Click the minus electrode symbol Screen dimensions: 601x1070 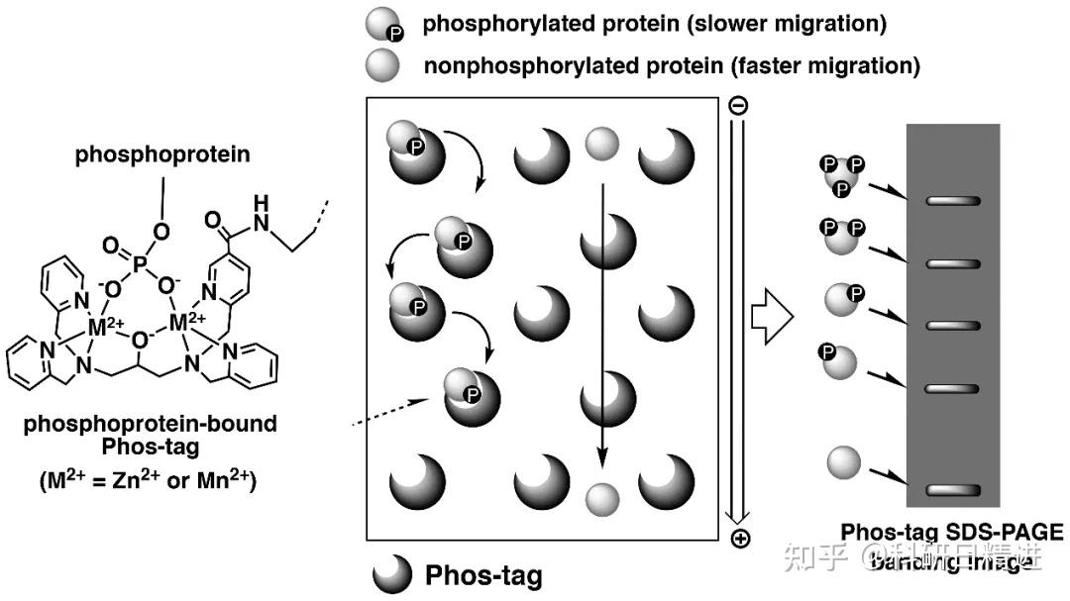[738, 105]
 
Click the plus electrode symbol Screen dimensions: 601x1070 [739, 539]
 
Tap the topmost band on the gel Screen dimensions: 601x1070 [953, 201]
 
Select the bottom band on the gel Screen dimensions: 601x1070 [953, 491]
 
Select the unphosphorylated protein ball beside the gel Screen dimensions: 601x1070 [844, 463]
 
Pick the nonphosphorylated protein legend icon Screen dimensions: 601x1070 [383, 66]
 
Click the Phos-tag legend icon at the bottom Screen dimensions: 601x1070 [392, 573]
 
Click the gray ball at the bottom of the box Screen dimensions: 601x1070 [601, 497]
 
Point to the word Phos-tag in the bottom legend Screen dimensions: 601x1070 [483, 574]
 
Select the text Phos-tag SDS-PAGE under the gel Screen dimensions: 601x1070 [952, 533]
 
